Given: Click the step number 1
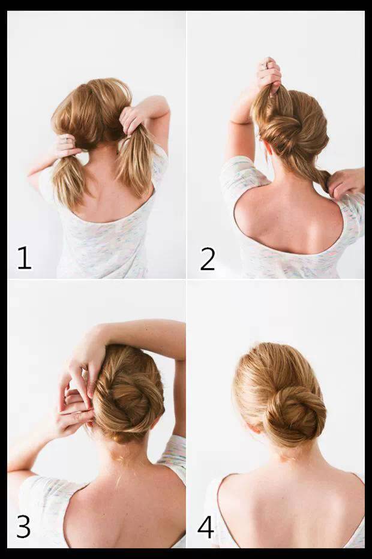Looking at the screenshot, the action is pos(24,258).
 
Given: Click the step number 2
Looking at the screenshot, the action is pos(208,259).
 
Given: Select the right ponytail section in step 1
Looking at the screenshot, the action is pos(135,160).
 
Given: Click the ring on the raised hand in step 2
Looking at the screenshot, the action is pos(263,65).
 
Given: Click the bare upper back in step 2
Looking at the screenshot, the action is pos(289,221).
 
